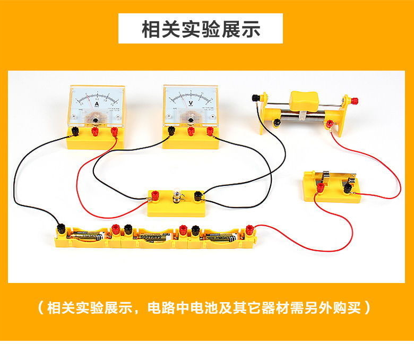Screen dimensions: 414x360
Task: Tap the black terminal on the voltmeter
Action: point(171,130)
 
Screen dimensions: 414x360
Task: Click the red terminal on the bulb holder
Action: point(157,195)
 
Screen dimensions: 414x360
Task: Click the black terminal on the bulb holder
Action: point(198,195)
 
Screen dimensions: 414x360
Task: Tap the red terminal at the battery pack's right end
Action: point(249,229)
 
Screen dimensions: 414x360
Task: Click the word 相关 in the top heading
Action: point(160,29)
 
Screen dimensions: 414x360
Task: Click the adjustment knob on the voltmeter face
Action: point(190,121)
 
